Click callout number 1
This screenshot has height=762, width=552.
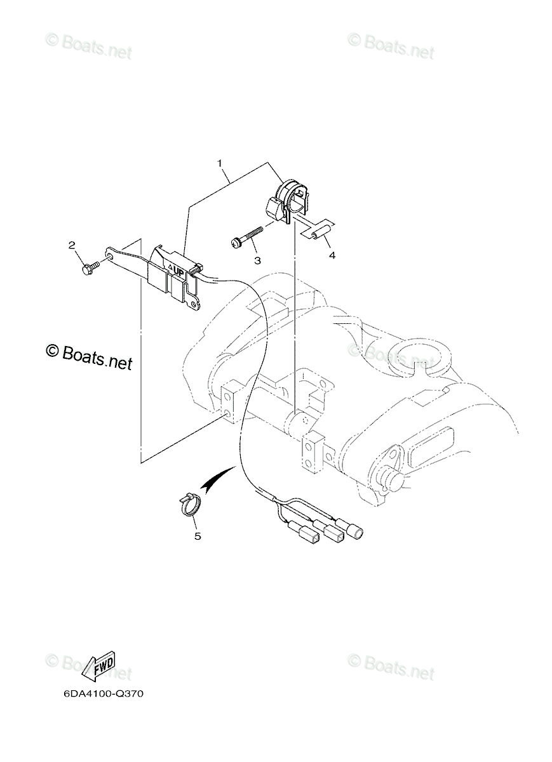tap(220, 164)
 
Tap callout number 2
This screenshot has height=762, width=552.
tap(72, 245)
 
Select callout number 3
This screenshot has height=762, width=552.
tap(257, 260)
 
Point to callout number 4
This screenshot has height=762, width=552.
tap(332, 255)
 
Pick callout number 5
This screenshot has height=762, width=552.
tap(198, 537)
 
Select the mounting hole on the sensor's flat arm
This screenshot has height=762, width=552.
tap(109, 256)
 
